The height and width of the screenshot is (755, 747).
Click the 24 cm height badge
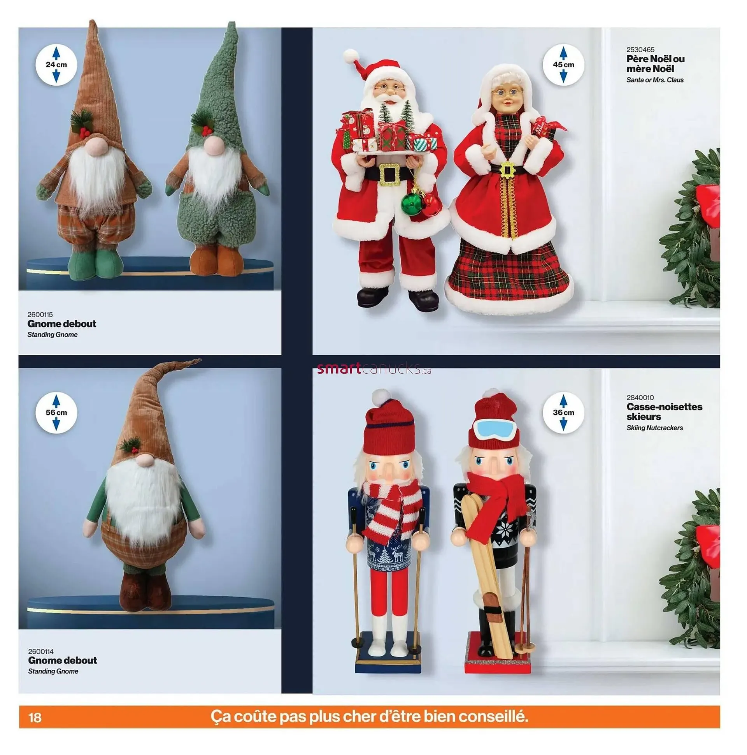(56, 65)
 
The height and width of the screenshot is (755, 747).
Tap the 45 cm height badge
(563, 65)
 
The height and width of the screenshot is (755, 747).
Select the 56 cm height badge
(56, 413)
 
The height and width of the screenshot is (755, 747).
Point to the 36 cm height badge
(563, 413)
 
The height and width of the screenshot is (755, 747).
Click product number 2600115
(40, 315)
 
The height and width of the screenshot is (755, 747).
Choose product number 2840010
(640, 398)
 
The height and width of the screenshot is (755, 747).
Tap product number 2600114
(40, 651)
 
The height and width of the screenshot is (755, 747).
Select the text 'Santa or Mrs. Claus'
(655, 80)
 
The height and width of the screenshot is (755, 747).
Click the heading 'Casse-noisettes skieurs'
(664, 412)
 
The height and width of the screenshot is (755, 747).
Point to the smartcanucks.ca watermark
(374, 368)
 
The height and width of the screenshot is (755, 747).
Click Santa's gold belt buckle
(389, 174)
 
